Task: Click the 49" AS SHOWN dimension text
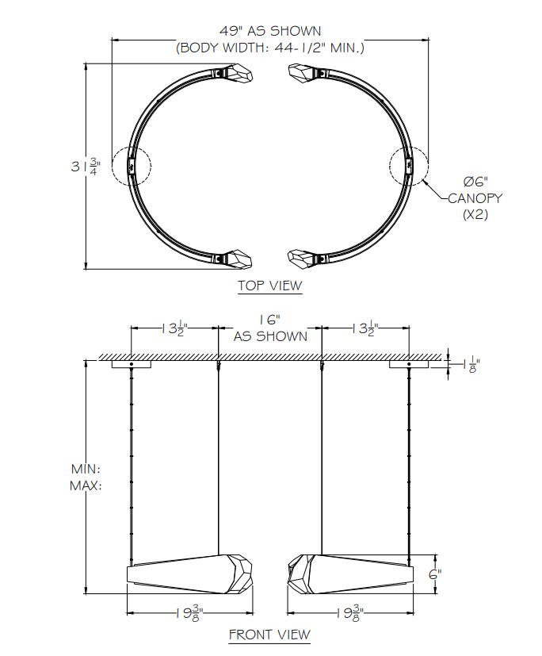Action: pos(270,31)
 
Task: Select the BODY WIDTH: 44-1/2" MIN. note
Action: pos(270,48)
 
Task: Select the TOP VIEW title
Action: pos(269,286)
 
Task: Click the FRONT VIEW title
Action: pos(269,635)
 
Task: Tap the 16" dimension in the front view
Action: pos(270,320)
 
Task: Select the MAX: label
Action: pos(86,485)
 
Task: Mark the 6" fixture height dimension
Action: pos(434,574)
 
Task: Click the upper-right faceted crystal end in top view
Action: pos(303,74)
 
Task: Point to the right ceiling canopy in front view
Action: pos(408,365)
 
